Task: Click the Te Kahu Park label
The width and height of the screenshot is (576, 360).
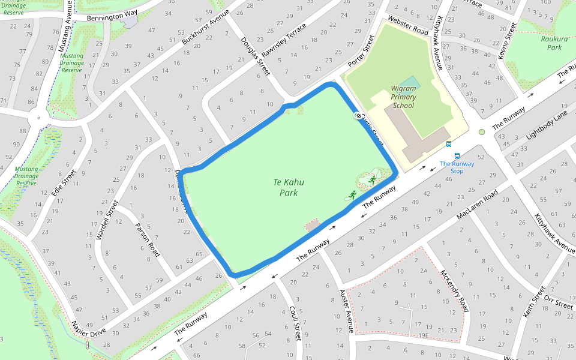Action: click(x=285, y=187)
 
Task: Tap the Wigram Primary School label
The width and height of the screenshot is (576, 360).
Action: click(x=403, y=97)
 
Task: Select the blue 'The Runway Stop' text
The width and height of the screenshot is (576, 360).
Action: click(x=457, y=167)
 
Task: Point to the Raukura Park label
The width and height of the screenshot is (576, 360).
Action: click(x=550, y=43)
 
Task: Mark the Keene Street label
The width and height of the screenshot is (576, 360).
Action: click(x=507, y=41)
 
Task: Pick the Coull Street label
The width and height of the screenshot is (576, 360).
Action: click(x=294, y=324)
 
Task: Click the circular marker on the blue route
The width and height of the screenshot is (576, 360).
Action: click(x=359, y=116)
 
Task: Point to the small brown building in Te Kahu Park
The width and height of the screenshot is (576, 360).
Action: click(x=313, y=225)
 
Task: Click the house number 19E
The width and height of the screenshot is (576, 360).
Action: click(x=424, y=335)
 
